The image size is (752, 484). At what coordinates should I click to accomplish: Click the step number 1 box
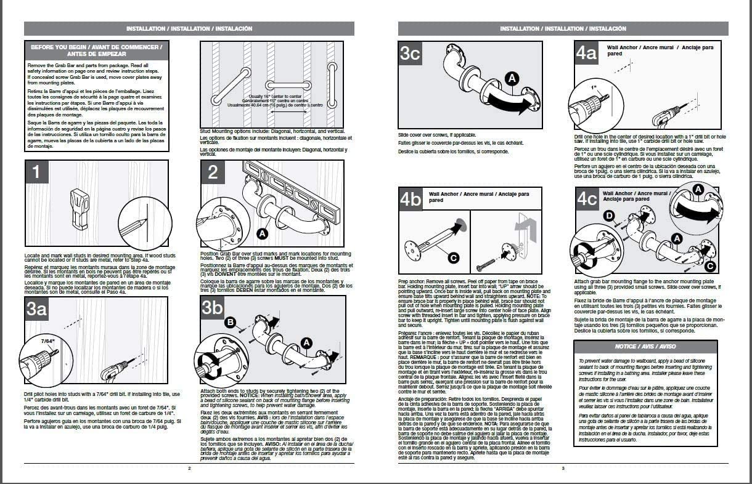tap(37, 172)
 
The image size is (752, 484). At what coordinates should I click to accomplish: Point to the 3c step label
tap(410, 54)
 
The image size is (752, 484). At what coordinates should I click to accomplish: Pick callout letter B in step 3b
tap(230, 322)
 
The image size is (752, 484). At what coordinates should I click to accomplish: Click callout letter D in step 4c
tap(610, 215)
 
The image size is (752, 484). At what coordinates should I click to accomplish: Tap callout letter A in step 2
tap(262, 234)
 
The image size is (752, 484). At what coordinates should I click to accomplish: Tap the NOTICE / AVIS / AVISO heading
tap(645, 347)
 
